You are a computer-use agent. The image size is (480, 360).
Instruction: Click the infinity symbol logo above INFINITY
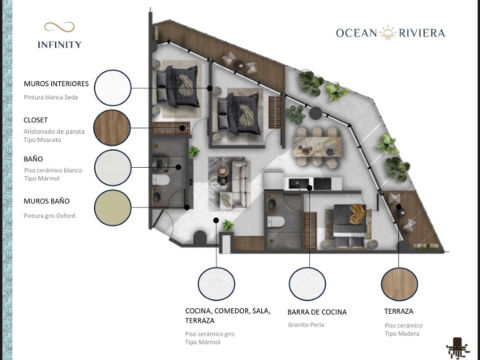pos(59,27)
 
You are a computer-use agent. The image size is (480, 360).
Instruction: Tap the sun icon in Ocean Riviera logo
pos(388,32)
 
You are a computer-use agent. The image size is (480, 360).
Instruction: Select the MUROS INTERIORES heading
pos(56,84)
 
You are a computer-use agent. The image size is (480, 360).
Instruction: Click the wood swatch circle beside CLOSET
pos(112,127)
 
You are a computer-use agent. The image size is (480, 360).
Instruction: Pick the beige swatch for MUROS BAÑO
pos(113,208)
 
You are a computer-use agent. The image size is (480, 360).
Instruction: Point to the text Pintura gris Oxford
pos(49,216)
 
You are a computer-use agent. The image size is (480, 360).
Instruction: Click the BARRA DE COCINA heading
pos(317,312)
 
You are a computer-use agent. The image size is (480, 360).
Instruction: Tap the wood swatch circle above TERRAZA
pos(400,284)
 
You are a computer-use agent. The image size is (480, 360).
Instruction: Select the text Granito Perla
pos(306,325)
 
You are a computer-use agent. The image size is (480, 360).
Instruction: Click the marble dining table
pos(317,147)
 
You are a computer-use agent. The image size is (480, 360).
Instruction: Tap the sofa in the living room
pos(240,184)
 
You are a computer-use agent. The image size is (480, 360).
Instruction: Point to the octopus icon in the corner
pos(457,348)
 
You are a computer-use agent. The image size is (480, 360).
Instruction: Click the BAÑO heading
pos(33,159)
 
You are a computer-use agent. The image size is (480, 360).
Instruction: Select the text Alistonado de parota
pos(54,131)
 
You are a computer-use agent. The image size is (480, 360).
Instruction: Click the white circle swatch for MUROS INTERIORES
pos(113,88)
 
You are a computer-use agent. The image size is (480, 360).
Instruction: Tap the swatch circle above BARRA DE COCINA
pos(307,284)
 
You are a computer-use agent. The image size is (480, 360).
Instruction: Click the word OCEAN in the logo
pos(357,32)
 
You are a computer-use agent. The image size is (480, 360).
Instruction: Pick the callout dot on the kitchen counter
pos(310,187)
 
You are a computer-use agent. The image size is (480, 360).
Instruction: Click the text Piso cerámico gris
pos(210,334)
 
